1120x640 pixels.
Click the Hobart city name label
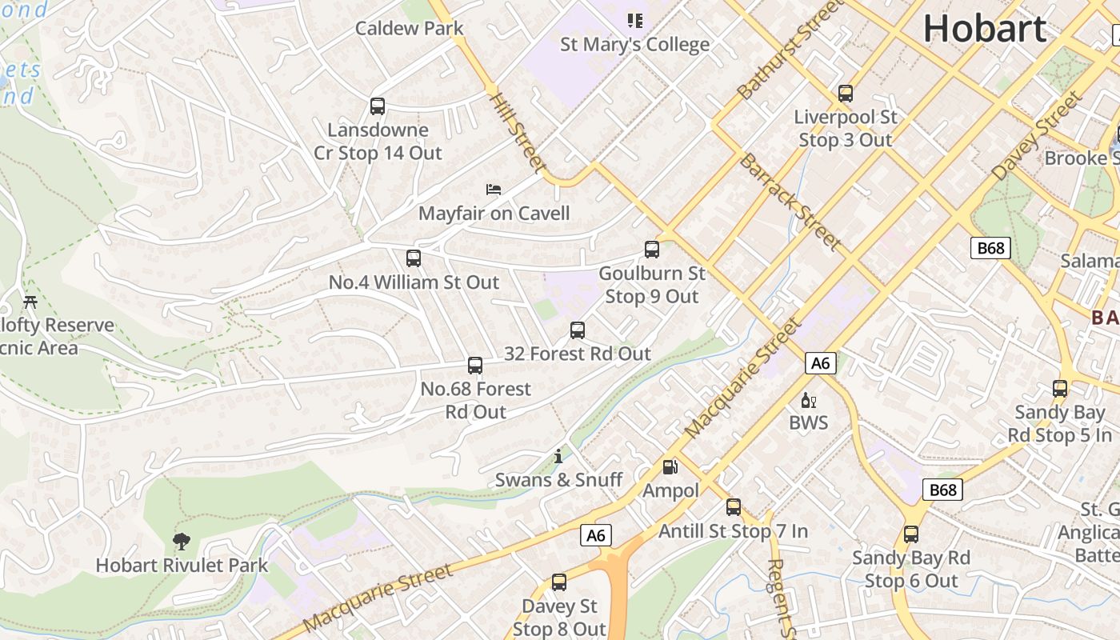point(985,30)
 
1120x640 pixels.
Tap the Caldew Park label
point(409,28)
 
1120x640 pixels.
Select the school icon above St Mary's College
point(634,20)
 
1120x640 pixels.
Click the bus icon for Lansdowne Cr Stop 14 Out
point(378,106)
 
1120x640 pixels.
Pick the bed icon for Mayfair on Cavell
point(494,190)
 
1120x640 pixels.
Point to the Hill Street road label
point(518,133)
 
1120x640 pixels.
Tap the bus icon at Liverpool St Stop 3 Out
point(846,94)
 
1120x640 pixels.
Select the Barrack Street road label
point(789,201)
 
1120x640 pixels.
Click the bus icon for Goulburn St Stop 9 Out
point(652,250)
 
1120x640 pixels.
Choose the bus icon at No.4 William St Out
point(414,258)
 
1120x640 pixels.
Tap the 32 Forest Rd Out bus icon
point(578,330)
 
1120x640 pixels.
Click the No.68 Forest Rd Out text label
point(476,400)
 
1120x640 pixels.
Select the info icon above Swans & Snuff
point(558,457)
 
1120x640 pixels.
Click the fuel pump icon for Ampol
point(670,467)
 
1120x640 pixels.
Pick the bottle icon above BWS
point(808,400)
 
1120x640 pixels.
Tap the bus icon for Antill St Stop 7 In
point(734,507)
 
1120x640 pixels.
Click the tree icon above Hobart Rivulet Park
point(182,542)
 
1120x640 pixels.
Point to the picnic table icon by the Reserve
point(30,302)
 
